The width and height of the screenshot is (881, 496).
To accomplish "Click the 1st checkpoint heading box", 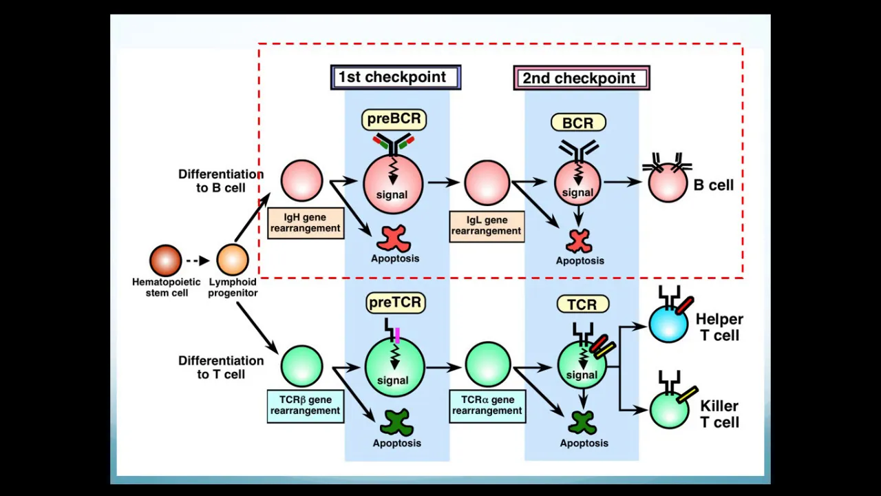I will [x=396, y=77].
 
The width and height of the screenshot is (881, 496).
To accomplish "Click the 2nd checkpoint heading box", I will [x=582, y=78].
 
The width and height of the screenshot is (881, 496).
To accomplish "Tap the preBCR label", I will [x=394, y=119].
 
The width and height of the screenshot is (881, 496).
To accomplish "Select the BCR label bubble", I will [x=578, y=123].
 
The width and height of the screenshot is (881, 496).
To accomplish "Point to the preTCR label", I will [x=395, y=302].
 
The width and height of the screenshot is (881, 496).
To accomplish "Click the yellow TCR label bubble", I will [x=582, y=304].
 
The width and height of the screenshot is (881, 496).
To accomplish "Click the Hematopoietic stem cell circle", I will [x=166, y=260].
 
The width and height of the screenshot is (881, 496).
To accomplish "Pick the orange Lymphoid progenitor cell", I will [x=233, y=260].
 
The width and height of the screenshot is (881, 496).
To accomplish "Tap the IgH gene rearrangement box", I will [x=305, y=223].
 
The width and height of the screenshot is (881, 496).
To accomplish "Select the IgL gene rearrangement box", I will [x=487, y=226].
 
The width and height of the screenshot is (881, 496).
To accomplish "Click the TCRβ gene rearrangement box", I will [x=305, y=405].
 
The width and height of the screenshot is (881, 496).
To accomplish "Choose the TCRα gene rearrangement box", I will [x=487, y=405].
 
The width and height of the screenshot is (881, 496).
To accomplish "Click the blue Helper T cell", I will [x=668, y=324].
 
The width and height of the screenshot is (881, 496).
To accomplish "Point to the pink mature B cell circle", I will [x=668, y=183].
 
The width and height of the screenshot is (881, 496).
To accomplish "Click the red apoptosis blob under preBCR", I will [x=394, y=238].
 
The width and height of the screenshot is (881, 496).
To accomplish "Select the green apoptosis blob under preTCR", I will [x=396, y=422].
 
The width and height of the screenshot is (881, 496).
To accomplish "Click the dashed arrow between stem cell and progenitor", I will [x=198, y=261].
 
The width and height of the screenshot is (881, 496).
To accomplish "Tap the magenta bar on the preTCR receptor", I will [x=398, y=335].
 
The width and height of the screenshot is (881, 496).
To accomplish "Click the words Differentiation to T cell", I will [x=220, y=367].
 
